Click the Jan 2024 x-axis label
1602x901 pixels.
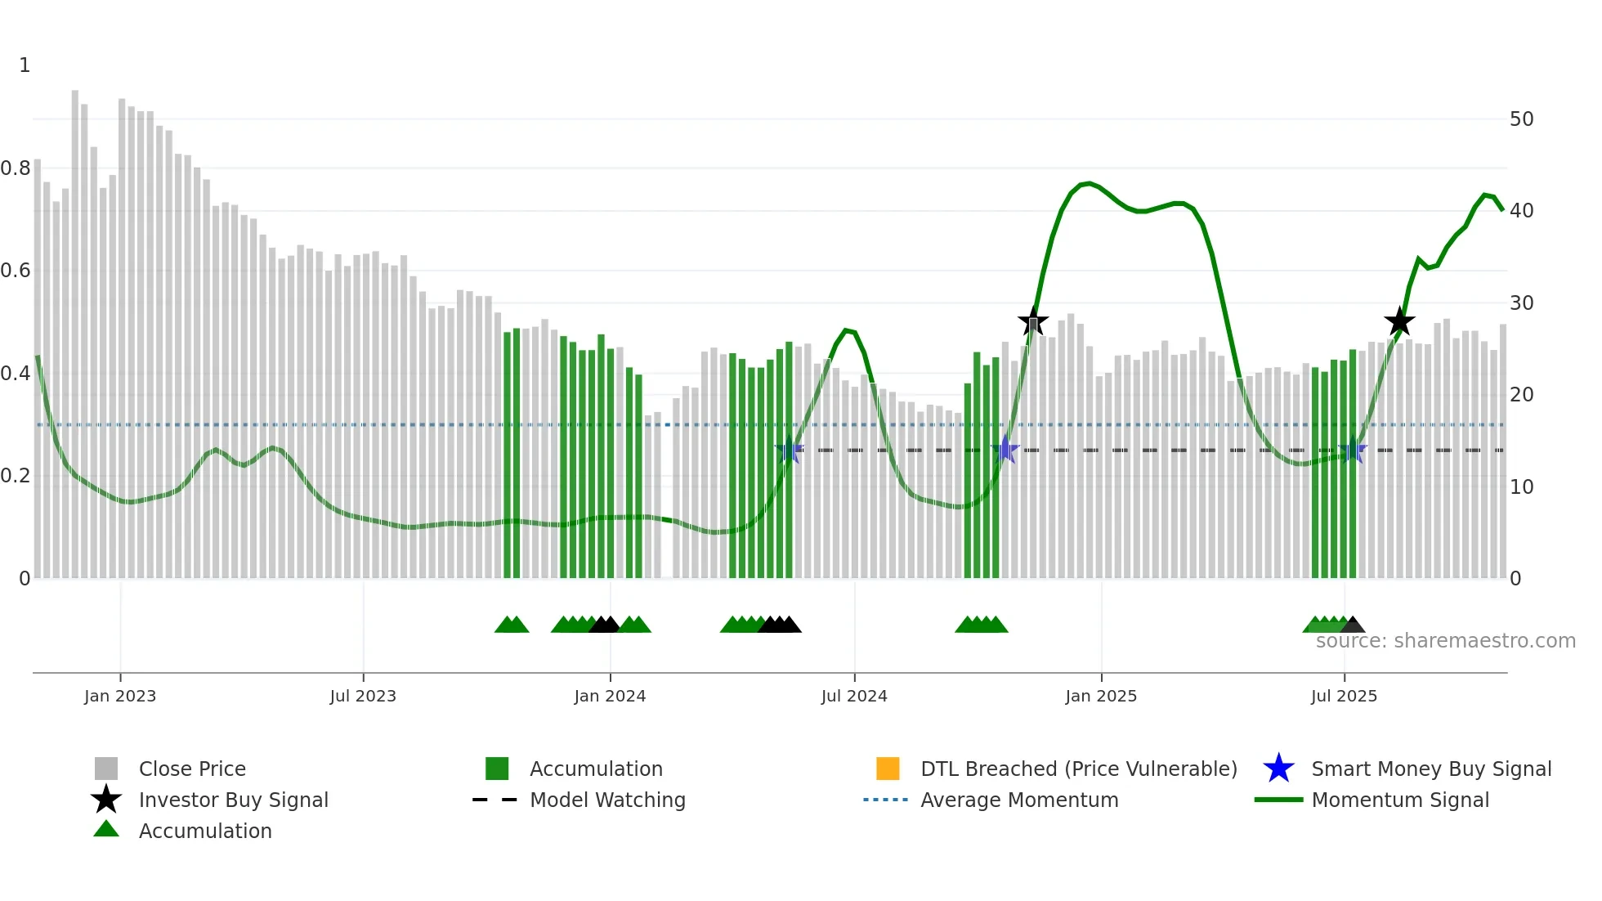(x=610, y=696)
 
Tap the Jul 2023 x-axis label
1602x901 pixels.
(x=363, y=696)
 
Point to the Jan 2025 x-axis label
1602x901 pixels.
(x=1101, y=696)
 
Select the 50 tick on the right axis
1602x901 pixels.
(x=1521, y=119)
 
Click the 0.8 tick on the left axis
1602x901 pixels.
(x=16, y=168)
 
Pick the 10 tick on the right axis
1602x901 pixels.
(x=1521, y=487)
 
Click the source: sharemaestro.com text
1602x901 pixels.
(x=1445, y=641)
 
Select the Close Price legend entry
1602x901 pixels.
(x=192, y=769)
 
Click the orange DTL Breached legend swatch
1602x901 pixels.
(x=888, y=769)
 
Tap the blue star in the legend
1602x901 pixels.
(x=1278, y=769)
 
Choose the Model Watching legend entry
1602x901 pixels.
(x=607, y=800)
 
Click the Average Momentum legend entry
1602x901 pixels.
(x=1019, y=800)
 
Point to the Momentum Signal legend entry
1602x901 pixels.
(x=1400, y=800)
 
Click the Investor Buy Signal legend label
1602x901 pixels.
(x=234, y=800)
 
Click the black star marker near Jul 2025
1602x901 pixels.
(x=1399, y=322)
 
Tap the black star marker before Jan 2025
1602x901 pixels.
(x=1033, y=321)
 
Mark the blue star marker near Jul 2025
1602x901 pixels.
(x=1353, y=450)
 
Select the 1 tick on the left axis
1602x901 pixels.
(x=25, y=65)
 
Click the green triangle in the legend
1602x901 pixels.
(x=106, y=829)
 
